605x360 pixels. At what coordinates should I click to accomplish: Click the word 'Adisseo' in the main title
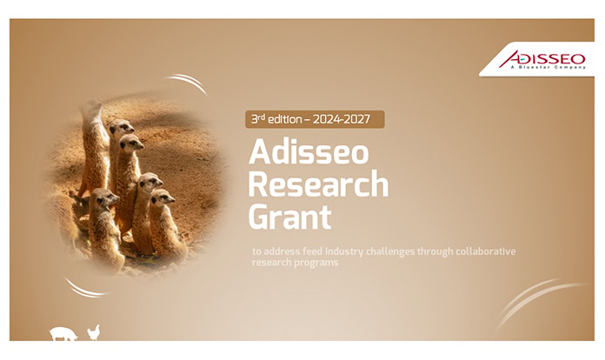[x=309, y=153]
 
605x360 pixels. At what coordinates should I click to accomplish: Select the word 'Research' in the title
[x=318, y=183]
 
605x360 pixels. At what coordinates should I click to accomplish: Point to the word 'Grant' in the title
[x=284, y=215]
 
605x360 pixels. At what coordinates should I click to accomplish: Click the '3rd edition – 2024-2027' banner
[x=315, y=119]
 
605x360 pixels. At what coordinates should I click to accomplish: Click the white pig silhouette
[x=63, y=333]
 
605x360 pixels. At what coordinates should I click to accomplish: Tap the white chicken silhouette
[x=93, y=332]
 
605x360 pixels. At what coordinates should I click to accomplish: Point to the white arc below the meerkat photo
[x=86, y=288]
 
